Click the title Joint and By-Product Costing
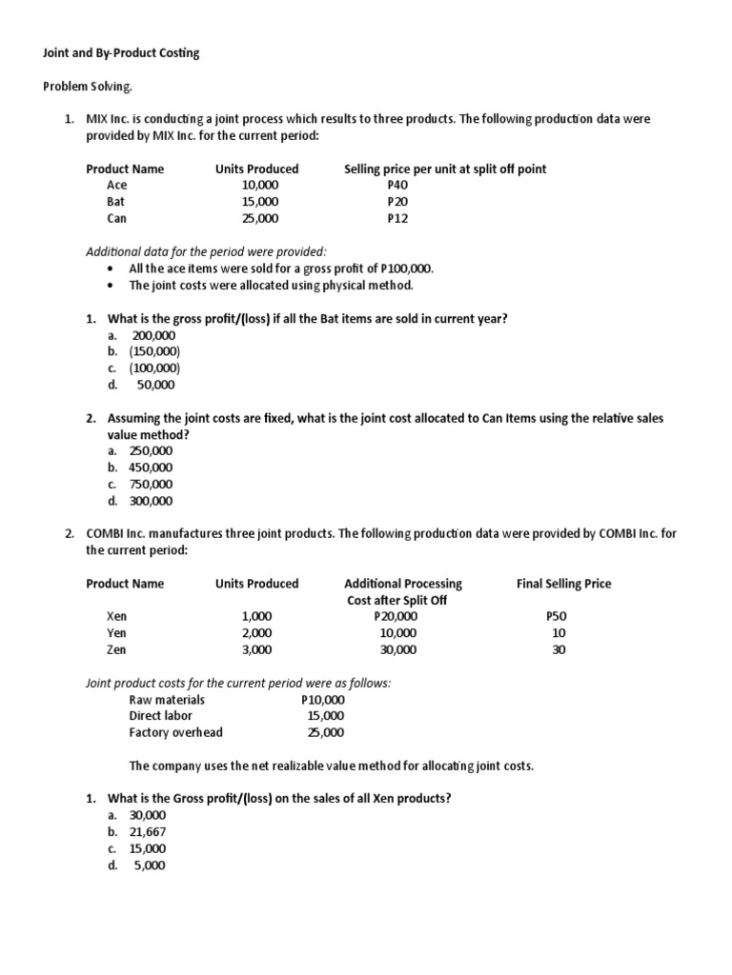coord(121,53)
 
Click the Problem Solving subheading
coord(89,87)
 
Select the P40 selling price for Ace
coord(397,185)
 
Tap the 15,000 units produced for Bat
coord(260,202)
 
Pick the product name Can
coord(116,218)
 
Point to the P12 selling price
coord(397,218)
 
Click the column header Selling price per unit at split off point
coord(445,169)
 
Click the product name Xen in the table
coord(116,616)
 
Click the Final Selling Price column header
coord(563,584)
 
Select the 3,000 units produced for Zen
coord(256,649)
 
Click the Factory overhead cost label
coord(175,732)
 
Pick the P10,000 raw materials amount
coord(322,700)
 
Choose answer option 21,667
coord(148,831)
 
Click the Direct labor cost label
coord(160,716)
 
